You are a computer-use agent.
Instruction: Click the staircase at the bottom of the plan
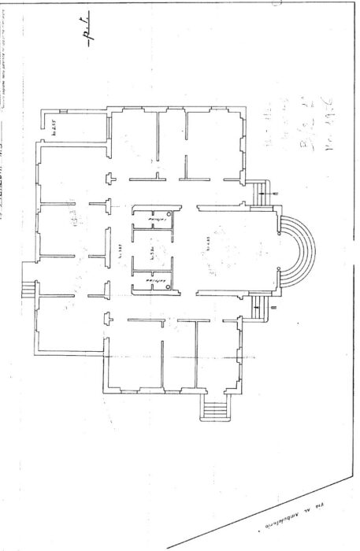click(x=214, y=409)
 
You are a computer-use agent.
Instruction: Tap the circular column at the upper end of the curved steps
click(x=280, y=232)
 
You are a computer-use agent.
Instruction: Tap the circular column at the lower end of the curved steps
click(x=280, y=271)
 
